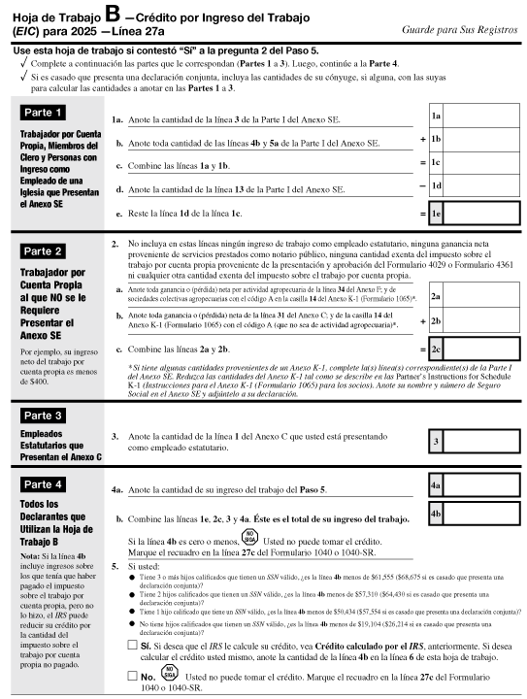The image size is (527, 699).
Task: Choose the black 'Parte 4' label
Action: click(45, 483)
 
